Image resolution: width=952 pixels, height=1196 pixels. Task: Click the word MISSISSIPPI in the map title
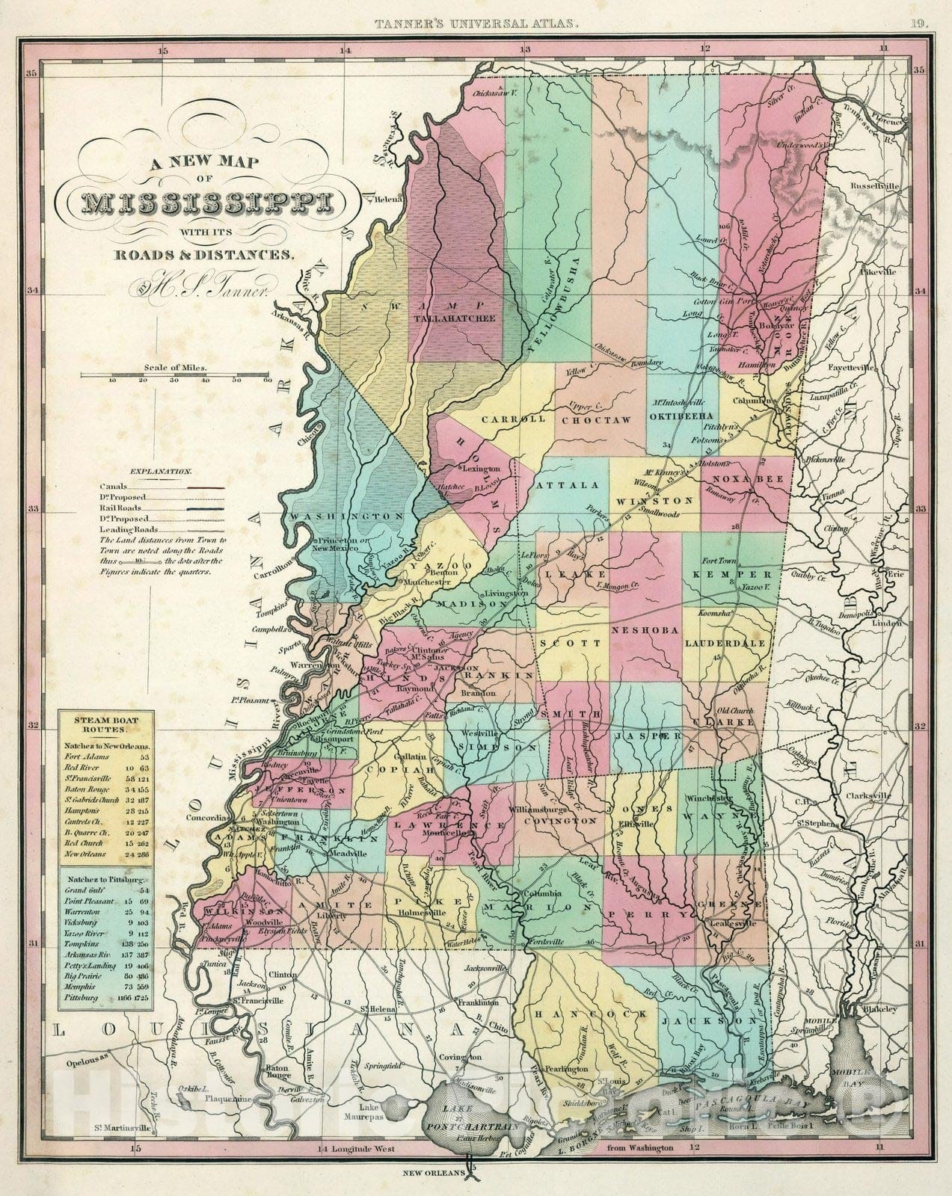203,203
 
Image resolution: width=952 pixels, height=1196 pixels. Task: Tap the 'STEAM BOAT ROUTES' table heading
105,724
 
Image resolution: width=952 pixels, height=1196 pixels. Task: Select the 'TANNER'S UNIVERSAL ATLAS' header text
476,23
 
